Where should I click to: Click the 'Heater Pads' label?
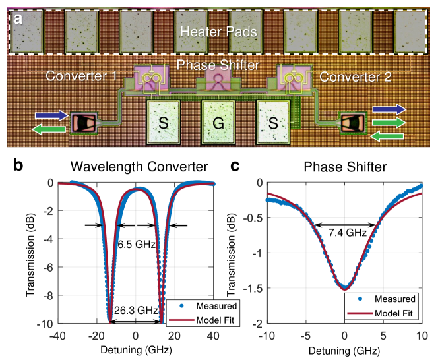click(x=218, y=31)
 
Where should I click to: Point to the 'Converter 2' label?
click(x=356, y=76)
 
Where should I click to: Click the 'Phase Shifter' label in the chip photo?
click(x=218, y=65)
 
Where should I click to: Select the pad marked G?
click(x=218, y=123)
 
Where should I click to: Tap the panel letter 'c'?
click(x=241, y=164)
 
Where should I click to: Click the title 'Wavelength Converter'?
click(x=135, y=167)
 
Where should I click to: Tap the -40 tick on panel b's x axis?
click(x=57, y=335)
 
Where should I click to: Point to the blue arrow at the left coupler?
click(x=54, y=115)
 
